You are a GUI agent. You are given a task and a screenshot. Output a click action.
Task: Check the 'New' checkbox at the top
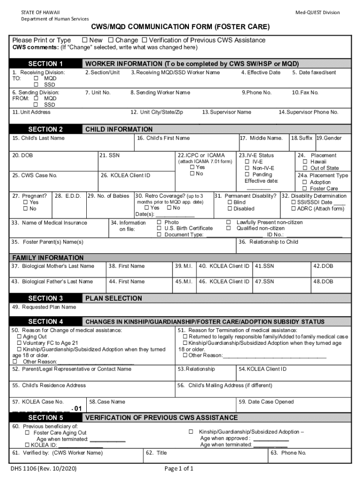coord(85,40)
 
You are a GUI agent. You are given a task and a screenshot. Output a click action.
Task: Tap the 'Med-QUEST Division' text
coord(318,12)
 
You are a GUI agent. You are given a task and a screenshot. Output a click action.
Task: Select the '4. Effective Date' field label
coord(261,72)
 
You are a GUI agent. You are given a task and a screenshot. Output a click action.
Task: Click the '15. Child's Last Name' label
coord(38,138)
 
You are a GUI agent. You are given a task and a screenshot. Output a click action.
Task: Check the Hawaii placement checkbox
coord(305,162)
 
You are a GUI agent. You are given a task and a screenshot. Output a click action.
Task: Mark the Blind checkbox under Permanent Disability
coord(230,202)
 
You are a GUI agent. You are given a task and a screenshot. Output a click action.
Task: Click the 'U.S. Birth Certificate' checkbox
coord(159,228)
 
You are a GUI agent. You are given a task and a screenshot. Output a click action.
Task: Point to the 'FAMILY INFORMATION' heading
coord(48,258)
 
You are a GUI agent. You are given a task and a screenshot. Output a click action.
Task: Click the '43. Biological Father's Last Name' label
coord(53,281)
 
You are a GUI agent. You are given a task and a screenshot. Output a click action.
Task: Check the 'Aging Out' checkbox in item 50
coord(19,337)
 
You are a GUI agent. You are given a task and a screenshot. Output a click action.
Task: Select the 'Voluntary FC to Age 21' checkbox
coord(19,343)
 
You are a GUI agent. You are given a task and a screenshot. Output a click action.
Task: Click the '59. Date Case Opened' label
coord(266,402)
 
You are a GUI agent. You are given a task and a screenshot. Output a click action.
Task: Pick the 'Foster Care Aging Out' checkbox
coord(28,433)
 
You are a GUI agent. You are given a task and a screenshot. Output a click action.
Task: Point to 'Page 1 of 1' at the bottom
coord(179,469)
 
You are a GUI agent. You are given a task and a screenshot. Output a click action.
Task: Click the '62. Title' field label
coord(156,453)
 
